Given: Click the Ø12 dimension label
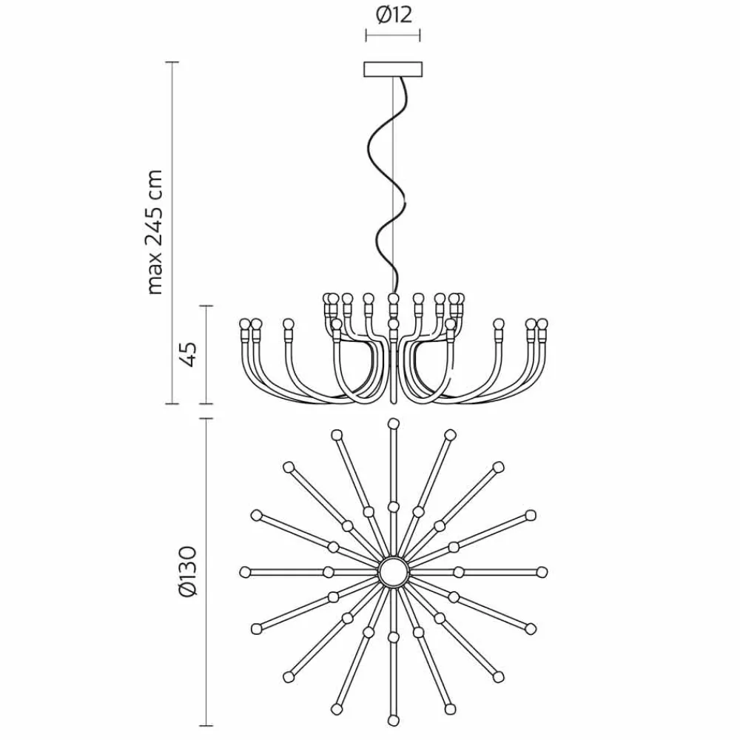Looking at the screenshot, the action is coord(394,16).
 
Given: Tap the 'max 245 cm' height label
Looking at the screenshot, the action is coord(155,232).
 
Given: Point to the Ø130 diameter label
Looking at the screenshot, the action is coord(188,571).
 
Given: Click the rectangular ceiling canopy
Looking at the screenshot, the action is coord(393,70).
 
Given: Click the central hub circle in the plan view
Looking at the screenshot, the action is coord(393,572).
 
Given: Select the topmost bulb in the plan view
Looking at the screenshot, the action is coord(393,423).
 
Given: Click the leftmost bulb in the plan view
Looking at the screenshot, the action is coord(244,572).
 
